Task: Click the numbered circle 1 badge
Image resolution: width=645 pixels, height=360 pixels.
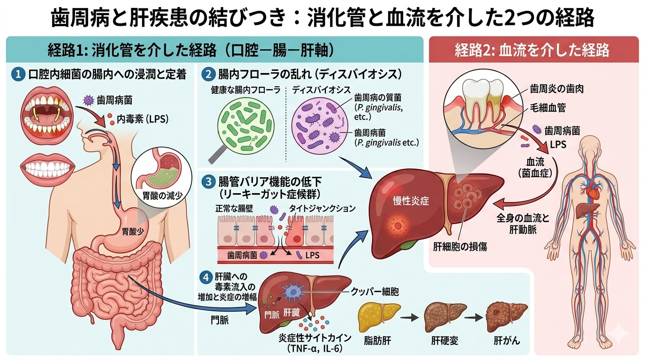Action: [17, 74]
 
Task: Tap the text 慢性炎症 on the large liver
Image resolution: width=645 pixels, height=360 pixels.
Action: [411, 201]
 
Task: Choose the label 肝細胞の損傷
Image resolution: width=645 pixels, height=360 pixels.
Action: [461, 246]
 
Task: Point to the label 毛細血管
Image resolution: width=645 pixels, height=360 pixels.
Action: [548, 108]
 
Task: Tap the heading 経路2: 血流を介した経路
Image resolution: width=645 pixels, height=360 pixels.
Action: [532, 50]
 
